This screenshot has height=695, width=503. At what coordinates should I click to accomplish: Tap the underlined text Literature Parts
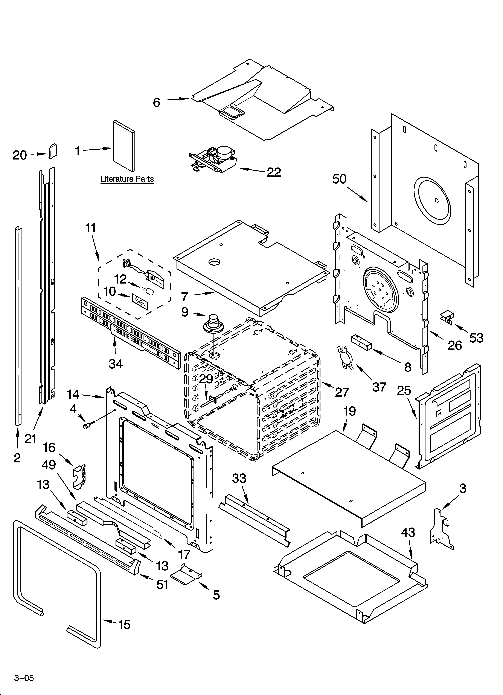127,179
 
